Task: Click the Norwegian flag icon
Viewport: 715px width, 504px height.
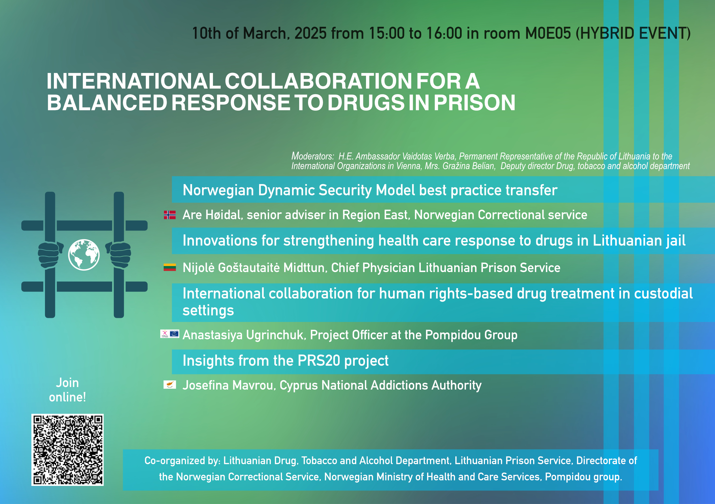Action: (x=170, y=215)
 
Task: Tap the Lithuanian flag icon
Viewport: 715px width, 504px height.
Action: (x=170, y=267)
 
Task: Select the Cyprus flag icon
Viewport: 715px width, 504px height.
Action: (x=170, y=385)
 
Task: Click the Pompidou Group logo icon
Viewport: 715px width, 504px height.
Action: (x=170, y=334)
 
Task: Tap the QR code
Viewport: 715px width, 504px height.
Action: (x=67, y=450)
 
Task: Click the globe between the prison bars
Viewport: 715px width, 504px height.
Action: (x=84, y=255)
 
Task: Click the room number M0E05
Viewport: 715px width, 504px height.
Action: (x=548, y=33)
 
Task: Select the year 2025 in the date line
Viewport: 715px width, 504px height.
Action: (x=310, y=33)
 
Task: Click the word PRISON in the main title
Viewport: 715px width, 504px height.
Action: (x=475, y=103)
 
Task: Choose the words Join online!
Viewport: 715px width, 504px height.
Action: (x=67, y=390)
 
